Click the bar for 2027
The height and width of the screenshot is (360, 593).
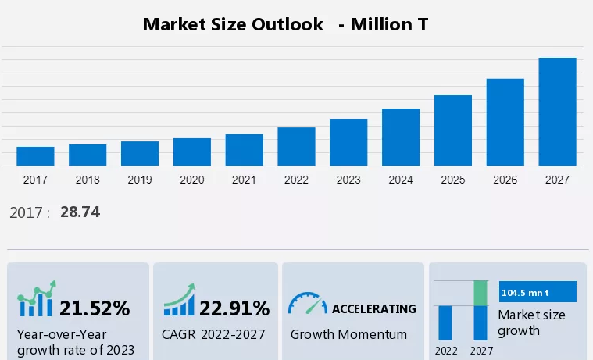point(557,112)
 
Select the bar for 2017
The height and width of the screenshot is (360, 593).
point(35,156)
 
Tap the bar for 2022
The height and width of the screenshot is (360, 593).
point(296,147)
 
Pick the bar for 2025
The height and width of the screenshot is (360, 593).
point(453,130)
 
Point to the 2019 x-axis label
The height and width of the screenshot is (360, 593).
point(140,180)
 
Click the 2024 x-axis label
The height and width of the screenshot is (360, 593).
point(401,180)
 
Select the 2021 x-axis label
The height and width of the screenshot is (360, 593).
point(244,180)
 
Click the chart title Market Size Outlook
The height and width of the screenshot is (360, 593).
point(233,24)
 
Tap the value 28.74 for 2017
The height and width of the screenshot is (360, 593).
point(80,212)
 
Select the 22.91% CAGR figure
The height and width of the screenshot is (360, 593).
point(234,308)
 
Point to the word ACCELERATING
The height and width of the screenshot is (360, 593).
point(374,308)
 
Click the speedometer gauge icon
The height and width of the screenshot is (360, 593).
point(308,305)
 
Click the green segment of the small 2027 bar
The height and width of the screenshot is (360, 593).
point(480,293)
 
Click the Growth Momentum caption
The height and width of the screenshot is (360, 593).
point(348,334)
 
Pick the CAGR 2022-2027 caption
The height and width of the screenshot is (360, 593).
point(213,334)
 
